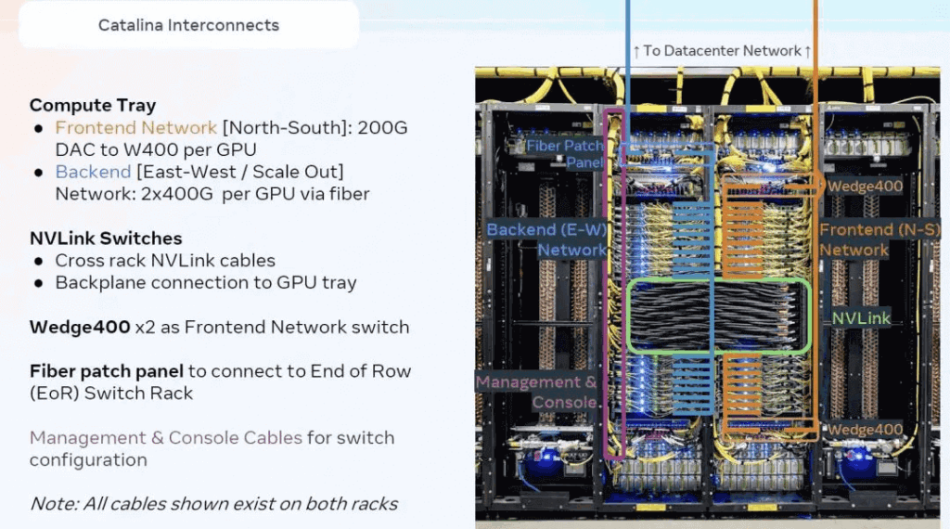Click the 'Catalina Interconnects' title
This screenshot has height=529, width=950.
pos(188,25)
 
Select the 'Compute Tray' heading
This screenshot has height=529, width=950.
pos(93,105)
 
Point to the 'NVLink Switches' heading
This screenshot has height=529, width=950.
pos(106,239)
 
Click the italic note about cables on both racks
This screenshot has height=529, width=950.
pos(213,504)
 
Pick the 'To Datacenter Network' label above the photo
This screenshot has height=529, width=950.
pos(723,50)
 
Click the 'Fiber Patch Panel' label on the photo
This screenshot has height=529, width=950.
pos(565,154)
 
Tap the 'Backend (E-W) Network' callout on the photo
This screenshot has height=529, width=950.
pos(546,239)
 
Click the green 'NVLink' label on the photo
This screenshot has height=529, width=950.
pos(860,318)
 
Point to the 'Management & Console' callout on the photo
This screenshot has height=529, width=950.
pos(537,392)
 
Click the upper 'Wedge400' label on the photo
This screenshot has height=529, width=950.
pos(865,187)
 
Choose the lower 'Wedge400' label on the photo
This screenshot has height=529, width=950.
pos(865,430)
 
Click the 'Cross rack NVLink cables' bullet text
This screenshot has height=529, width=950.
pos(165,261)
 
